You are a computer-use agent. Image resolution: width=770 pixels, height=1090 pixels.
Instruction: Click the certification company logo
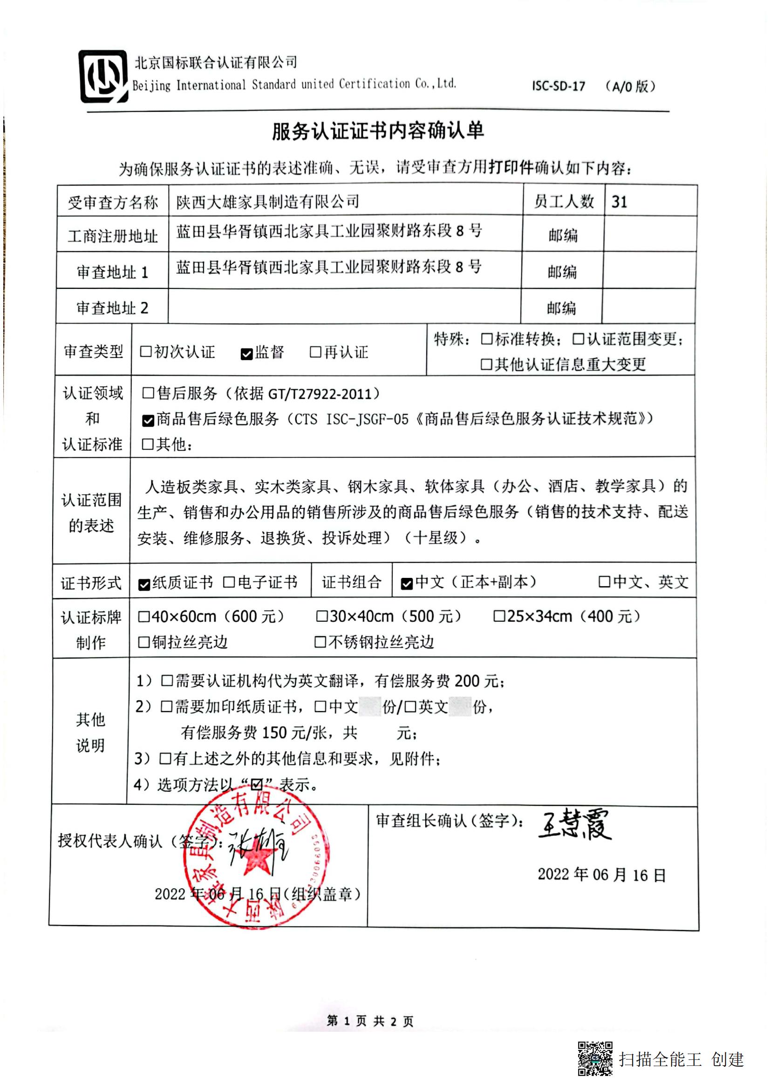pos(103,76)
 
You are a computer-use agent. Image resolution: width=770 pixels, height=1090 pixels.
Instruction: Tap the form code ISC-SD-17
pos(558,86)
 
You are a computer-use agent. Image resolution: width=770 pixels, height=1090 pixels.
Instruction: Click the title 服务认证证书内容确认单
pos(378,131)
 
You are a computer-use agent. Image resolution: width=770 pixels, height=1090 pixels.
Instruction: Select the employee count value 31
pos(620,202)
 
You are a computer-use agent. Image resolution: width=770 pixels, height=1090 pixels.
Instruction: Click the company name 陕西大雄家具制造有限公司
pos(267,202)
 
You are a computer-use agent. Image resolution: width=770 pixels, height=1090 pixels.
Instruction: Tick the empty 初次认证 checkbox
pos(146,352)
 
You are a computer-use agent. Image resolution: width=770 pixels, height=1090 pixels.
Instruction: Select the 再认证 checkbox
pos(315,352)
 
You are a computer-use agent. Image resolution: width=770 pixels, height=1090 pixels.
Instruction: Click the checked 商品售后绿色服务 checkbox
pos(148,420)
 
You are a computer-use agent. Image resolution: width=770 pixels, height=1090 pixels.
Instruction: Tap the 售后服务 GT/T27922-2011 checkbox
pos(148,393)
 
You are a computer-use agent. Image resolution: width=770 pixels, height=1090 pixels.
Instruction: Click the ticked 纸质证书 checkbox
pos(144,584)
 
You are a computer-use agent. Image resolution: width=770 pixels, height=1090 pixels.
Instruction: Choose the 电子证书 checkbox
pos(229,582)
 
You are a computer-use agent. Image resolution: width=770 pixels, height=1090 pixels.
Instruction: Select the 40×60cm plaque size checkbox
pos(144,617)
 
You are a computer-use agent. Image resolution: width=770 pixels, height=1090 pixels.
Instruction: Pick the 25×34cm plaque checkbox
pos(499,616)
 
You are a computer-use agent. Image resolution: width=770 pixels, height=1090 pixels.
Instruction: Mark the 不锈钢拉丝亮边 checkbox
pos(320,642)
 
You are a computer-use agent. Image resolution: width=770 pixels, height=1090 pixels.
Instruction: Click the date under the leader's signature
pos(601,875)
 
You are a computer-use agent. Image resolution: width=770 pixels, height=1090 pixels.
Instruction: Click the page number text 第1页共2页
pos(370,1021)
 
